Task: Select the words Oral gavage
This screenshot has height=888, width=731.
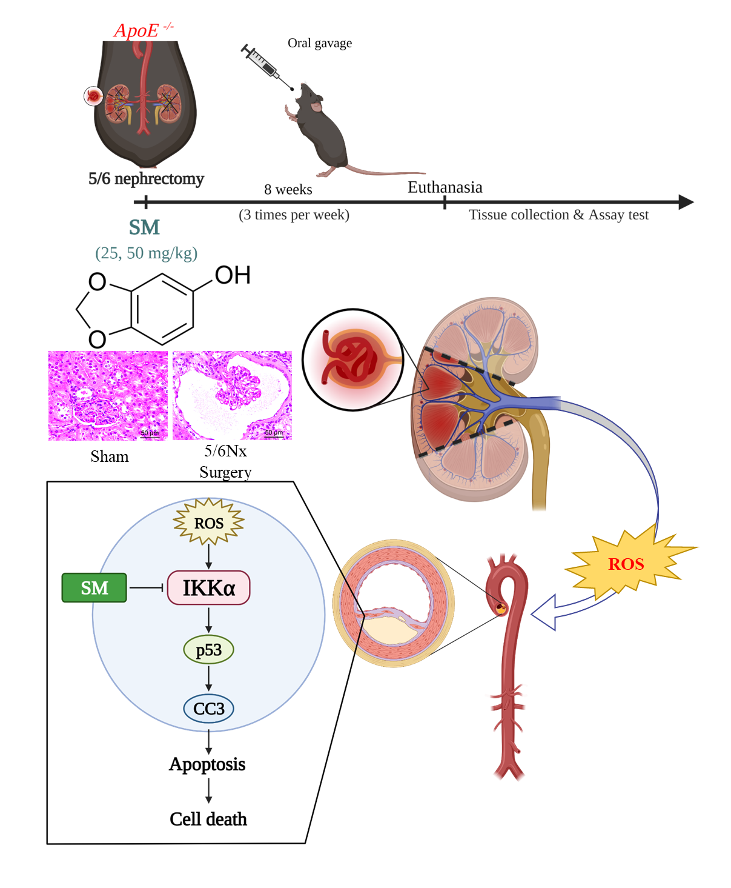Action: [319, 43]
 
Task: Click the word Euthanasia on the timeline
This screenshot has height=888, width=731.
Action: [445, 187]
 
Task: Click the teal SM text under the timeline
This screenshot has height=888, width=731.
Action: [144, 227]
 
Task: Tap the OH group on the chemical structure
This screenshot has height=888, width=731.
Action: [233, 275]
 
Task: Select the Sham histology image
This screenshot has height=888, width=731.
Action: [108, 395]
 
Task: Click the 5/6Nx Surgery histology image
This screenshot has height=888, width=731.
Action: [232, 395]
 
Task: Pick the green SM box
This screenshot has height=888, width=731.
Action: [94, 588]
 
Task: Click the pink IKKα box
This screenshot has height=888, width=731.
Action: [208, 588]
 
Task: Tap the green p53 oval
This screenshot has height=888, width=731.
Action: [208, 650]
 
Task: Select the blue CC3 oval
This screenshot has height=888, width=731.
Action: [208, 709]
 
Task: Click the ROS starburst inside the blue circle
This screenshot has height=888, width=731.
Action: [208, 522]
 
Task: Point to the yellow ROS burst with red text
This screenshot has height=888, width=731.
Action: [627, 564]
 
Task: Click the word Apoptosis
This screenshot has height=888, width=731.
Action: [207, 764]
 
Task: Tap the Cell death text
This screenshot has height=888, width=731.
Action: [208, 820]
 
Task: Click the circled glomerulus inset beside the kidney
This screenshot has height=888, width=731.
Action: [352, 360]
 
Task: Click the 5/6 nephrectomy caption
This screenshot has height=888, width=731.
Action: [146, 179]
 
